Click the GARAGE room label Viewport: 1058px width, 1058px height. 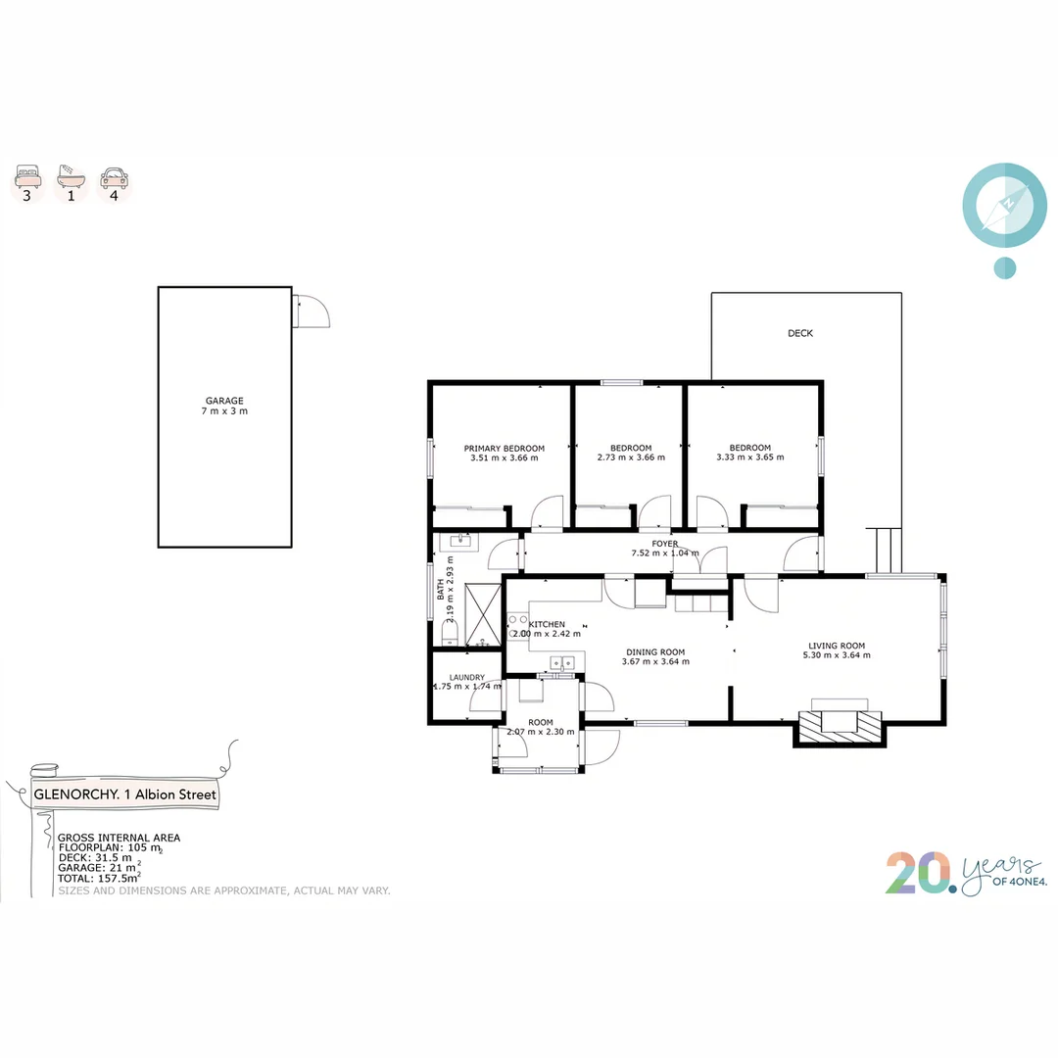point(224,400)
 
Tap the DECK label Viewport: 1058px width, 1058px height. point(800,333)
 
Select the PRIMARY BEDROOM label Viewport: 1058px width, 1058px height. point(504,448)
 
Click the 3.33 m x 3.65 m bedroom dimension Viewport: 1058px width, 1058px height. point(750,457)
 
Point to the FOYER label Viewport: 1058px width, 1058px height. point(665,544)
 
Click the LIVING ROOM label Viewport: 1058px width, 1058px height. point(837,646)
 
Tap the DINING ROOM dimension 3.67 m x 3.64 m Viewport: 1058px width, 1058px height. point(655,661)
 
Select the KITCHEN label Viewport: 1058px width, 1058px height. point(547,624)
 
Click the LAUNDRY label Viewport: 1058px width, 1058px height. point(467,677)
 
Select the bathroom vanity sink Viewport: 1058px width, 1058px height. point(458,540)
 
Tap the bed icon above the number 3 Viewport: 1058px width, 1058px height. point(27,177)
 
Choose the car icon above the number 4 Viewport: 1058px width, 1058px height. point(114,177)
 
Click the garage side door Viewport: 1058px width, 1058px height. point(312,313)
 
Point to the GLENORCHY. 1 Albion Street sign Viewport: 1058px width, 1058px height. point(125,794)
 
